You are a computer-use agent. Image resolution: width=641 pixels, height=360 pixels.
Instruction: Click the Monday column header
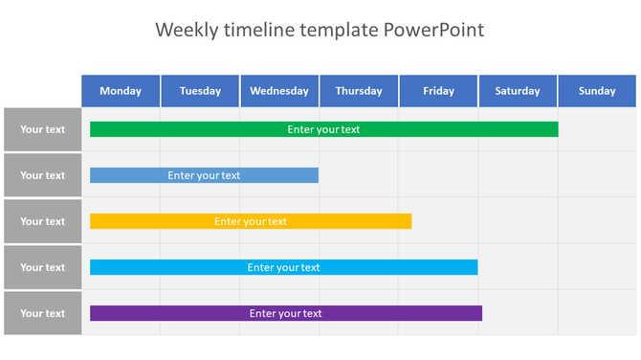pyautogui.click(x=121, y=91)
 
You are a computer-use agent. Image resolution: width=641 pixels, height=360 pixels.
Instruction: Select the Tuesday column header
pyautogui.click(x=200, y=91)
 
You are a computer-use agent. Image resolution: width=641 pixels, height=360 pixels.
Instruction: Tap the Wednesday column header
pyautogui.click(x=279, y=91)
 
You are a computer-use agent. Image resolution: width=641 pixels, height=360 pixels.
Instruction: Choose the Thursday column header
pyautogui.click(x=359, y=91)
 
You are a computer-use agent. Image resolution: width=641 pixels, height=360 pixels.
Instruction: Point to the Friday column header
pyautogui.click(x=438, y=91)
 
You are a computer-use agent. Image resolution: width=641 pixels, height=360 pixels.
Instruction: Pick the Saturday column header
pyautogui.click(x=518, y=91)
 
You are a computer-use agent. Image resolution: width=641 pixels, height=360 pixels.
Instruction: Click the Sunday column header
pyautogui.click(x=597, y=91)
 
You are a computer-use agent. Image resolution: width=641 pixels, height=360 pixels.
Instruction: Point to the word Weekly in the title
pyautogui.click(x=187, y=30)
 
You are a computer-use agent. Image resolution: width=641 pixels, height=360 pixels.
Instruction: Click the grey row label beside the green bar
pyautogui.click(x=43, y=129)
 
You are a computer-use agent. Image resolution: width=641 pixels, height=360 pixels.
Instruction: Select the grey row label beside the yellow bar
pyautogui.click(x=43, y=221)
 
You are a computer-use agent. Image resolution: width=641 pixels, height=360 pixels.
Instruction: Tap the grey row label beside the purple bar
pyautogui.click(x=43, y=313)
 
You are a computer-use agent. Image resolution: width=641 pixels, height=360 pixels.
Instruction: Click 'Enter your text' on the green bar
pyautogui.click(x=323, y=129)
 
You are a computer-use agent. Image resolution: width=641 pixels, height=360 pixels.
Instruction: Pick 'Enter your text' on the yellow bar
pyautogui.click(x=251, y=221)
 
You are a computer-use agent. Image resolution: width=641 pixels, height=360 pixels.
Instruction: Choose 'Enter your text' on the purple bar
pyautogui.click(x=285, y=313)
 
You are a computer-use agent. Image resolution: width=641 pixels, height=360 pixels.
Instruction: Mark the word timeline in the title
pyautogui.click(x=260, y=30)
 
